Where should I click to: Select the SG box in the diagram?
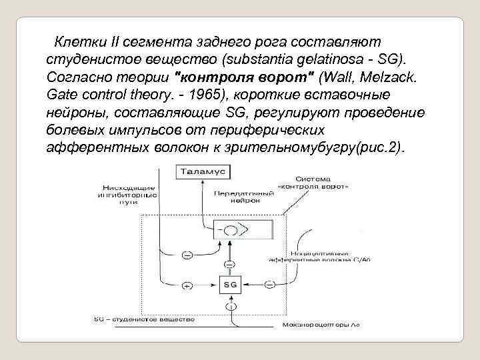click(229, 285)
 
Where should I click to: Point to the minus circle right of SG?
click(269, 285)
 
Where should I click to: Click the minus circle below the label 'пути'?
click(187, 255)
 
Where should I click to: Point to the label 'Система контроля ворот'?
click(325, 182)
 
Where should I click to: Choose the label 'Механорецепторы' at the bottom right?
click(329, 327)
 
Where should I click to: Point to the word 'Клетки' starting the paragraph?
click(76, 43)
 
